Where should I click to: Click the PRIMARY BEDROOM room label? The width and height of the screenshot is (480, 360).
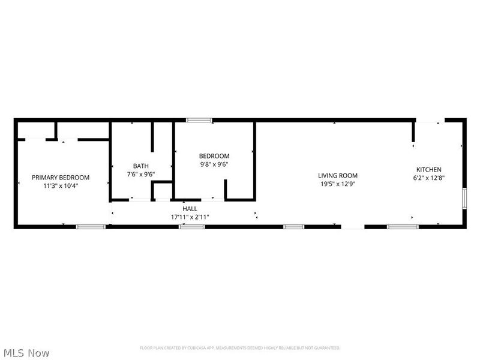pyautogui.click(x=61, y=177)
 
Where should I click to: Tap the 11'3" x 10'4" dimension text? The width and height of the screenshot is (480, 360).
pyautogui.click(x=61, y=186)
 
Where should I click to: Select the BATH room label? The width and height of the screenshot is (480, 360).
pyautogui.click(x=141, y=166)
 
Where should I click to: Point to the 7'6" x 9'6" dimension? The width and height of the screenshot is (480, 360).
pyautogui.click(x=141, y=175)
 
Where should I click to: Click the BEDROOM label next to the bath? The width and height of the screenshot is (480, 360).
pyautogui.click(x=214, y=156)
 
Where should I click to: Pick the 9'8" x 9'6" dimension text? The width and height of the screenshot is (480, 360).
pyautogui.click(x=214, y=164)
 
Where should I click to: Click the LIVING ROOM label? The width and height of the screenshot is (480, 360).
pyautogui.click(x=338, y=176)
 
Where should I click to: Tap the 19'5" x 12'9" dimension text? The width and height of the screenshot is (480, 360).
pyautogui.click(x=338, y=184)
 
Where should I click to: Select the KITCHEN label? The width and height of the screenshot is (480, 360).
pyautogui.click(x=428, y=170)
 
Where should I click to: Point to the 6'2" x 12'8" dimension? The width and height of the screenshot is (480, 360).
pyautogui.click(x=428, y=178)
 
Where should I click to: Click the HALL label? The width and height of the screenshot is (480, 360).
pyautogui.click(x=190, y=209)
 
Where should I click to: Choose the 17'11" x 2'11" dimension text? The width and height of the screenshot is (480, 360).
pyautogui.click(x=190, y=217)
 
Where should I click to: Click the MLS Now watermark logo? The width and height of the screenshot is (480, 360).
pyautogui.click(x=26, y=353)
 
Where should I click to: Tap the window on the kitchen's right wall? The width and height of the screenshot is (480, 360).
pyautogui.click(x=464, y=198)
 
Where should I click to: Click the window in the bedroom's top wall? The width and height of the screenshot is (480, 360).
pyautogui.click(x=199, y=120)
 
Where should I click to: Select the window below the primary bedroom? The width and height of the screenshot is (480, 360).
pyautogui.click(x=91, y=227)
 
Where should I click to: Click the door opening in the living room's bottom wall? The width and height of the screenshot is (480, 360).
pyautogui.click(x=353, y=227)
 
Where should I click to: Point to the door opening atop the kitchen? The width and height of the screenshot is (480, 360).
pyautogui.click(x=430, y=120)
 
